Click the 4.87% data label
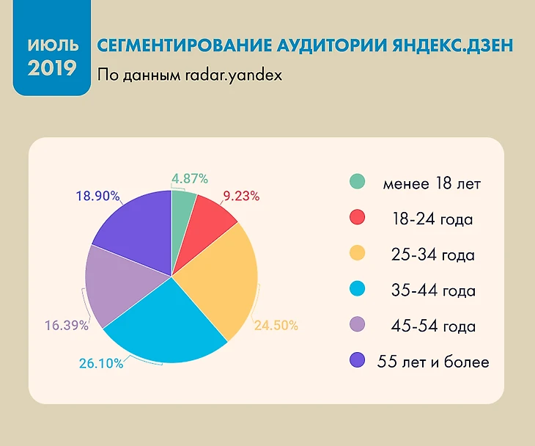click(191, 178)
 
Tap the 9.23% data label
click(242, 197)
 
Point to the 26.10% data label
click(102, 363)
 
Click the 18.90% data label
click(97, 197)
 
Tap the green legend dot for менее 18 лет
click(357, 183)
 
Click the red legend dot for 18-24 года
click(357, 218)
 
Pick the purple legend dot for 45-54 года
click(357, 325)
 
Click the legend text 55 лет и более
click(433, 361)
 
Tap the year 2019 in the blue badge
click(52, 69)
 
